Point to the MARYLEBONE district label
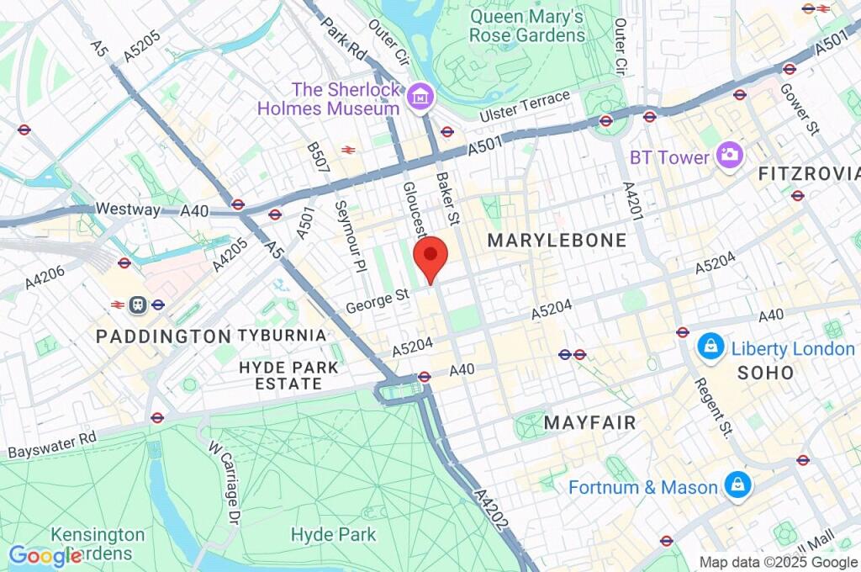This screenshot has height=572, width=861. (x=557, y=241)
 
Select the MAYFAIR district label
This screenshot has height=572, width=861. (x=589, y=422)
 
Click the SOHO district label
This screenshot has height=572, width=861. (x=765, y=372)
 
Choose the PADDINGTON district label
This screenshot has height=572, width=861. (x=163, y=336)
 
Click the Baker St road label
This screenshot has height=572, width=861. (x=446, y=199)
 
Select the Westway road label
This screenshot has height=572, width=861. (x=128, y=209)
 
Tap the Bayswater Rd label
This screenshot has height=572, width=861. (x=52, y=445)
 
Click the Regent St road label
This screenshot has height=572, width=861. (x=713, y=407)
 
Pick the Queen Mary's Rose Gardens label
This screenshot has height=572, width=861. (x=526, y=26)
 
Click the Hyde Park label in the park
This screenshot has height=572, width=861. (x=333, y=534)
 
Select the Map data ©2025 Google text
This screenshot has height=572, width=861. (x=778, y=563)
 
